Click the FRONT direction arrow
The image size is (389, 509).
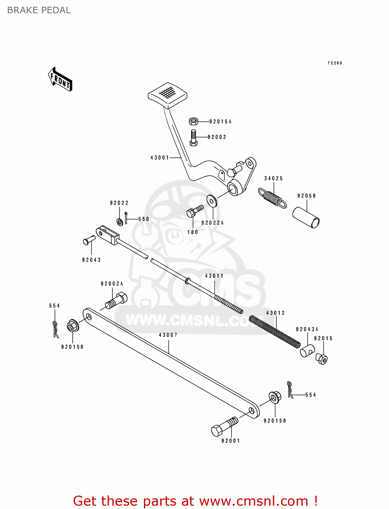[x=60, y=79]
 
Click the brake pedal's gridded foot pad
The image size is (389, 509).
[x=167, y=94]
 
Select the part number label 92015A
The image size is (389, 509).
[x=220, y=121]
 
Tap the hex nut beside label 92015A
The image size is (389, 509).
[x=193, y=121]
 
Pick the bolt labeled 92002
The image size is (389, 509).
[x=193, y=138]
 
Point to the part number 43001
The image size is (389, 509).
[x=160, y=157]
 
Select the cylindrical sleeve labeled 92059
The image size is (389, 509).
[x=306, y=218]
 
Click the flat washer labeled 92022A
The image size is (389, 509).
[x=212, y=201]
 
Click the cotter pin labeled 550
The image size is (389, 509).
[x=126, y=218]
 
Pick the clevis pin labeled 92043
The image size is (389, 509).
[x=89, y=240]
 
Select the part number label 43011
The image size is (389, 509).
[x=214, y=276]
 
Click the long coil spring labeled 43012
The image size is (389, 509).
[x=275, y=332]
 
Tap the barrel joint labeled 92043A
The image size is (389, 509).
[x=307, y=351]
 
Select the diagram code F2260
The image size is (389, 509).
[x=335, y=63]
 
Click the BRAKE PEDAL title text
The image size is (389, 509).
[x=39, y=10]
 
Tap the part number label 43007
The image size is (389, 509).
[x=168, y=335]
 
